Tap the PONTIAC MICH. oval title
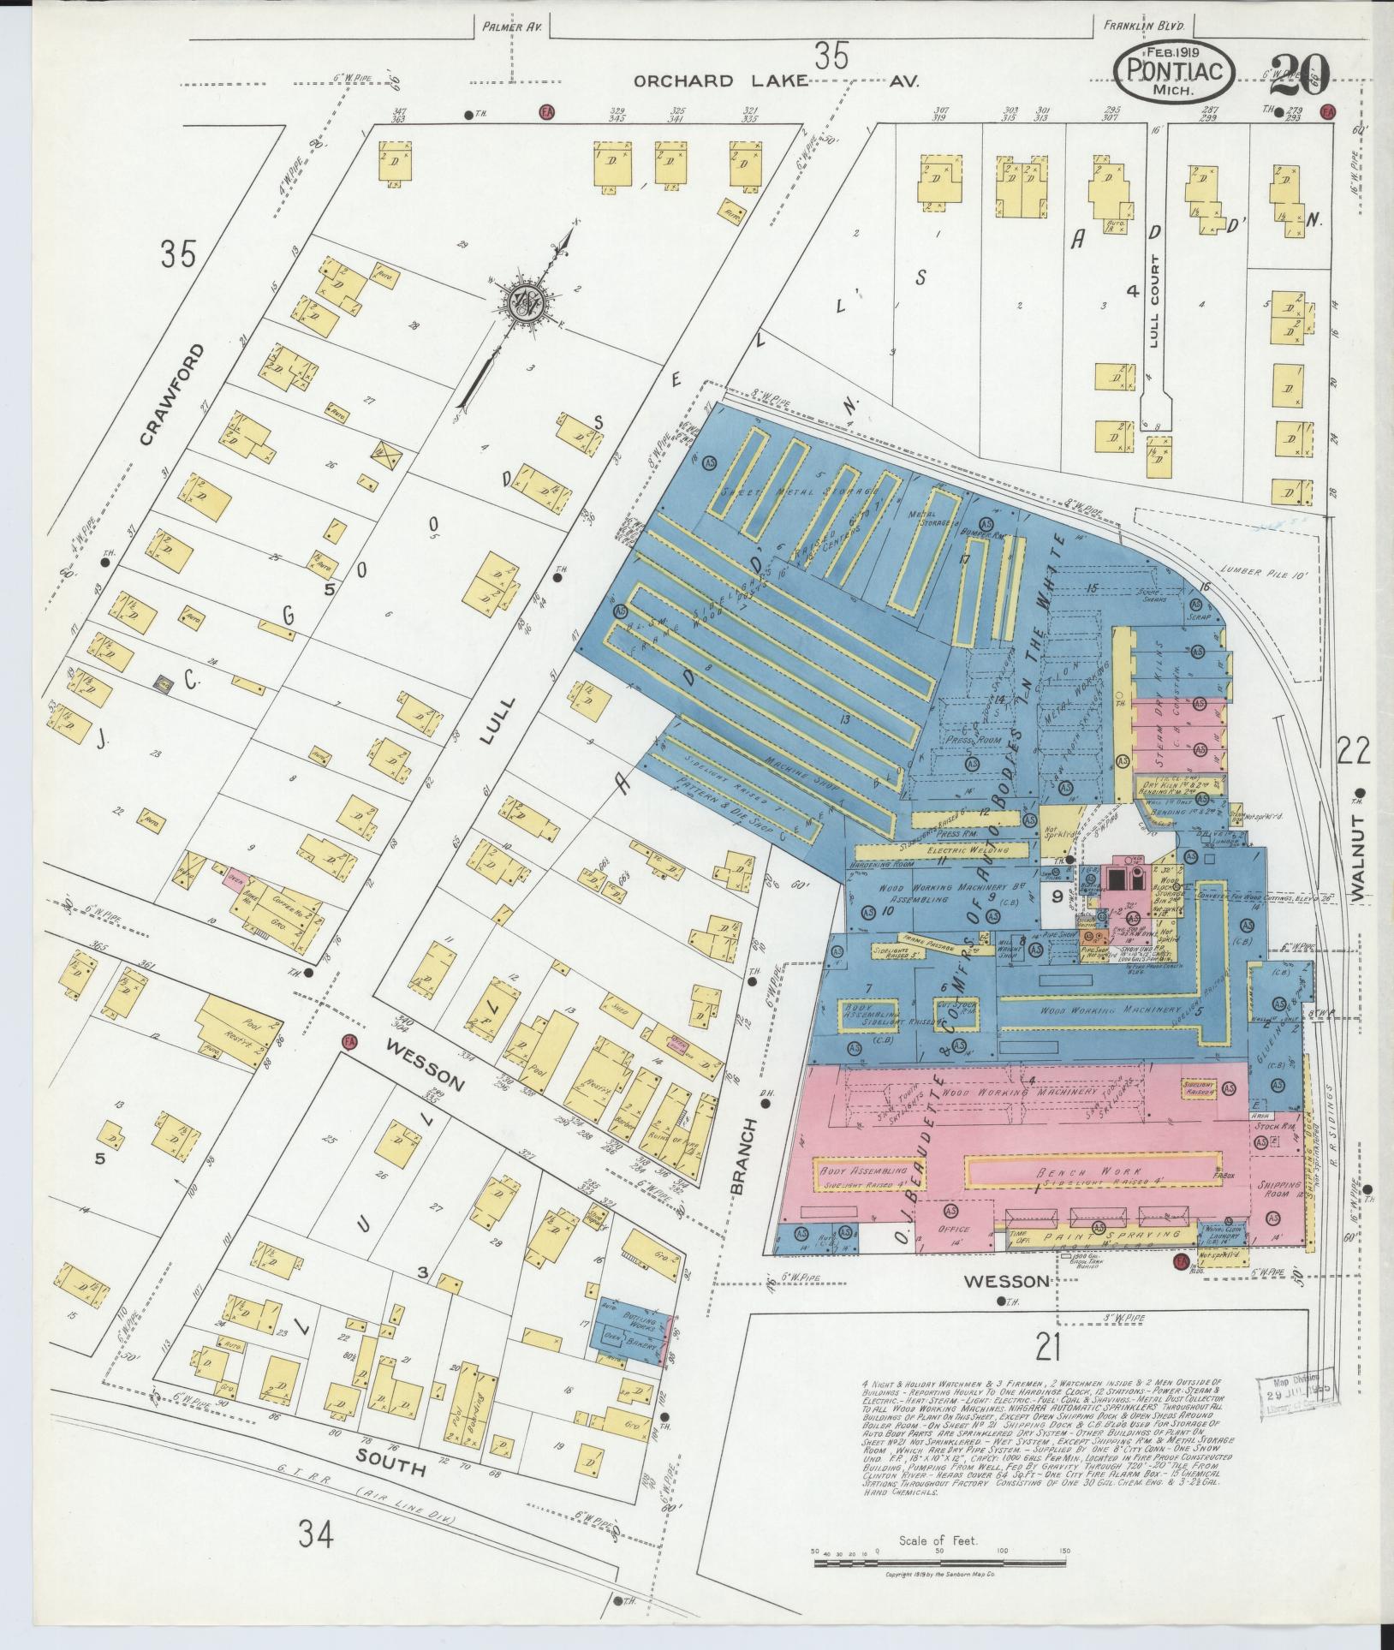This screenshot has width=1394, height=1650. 1174,73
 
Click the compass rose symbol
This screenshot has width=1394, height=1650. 524,298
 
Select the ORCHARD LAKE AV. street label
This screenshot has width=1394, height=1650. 776,81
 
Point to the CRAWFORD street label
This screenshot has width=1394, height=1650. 173,395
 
